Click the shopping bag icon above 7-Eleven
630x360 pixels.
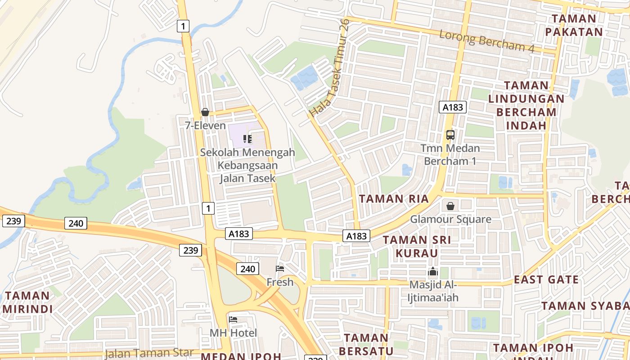pyautogui.click(x=205, y=112)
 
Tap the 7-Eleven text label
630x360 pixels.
pyautogui.click(x=205, y=126)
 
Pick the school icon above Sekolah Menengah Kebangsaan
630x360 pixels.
pyautogui.click(x=247, y=139)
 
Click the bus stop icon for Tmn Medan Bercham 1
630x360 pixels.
pyautogui.click(x=450, y=135)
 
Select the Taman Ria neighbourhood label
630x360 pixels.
pyautogui.click(x=394, y=198)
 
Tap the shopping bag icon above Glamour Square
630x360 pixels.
pyautogui.click(x=450, y=206)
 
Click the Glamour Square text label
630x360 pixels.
pyautogui.click(x=450, y=220)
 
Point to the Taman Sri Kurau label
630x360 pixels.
pyautogui.click(x=417, y=246)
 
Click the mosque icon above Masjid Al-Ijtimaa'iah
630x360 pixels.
pyautogui.click(x=433, y=272)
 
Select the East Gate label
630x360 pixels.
pyautogui.click(x=546, y=279)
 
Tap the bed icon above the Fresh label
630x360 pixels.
pyautogui.click(x=280, y=269)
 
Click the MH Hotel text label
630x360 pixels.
pyautogui.click(x=233, y=333)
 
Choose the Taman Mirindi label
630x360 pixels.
pyautogui.click(x=28, y=302)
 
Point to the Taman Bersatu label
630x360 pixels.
pyautogui.click(x=366, y=344)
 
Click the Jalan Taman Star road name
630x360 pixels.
pyautogui.click(x=149, y=353)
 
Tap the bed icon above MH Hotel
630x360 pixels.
pyautogui.click(x=233, y=319)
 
